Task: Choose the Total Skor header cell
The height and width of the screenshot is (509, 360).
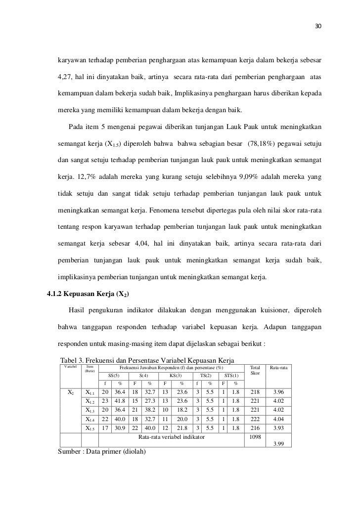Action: point(255,371)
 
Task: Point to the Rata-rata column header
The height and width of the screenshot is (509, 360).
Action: point(279,368)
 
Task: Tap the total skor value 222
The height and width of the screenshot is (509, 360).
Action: point(255,419)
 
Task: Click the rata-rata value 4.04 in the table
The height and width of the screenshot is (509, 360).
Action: point(280,419)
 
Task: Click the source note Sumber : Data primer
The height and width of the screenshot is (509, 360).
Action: point(102,452)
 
